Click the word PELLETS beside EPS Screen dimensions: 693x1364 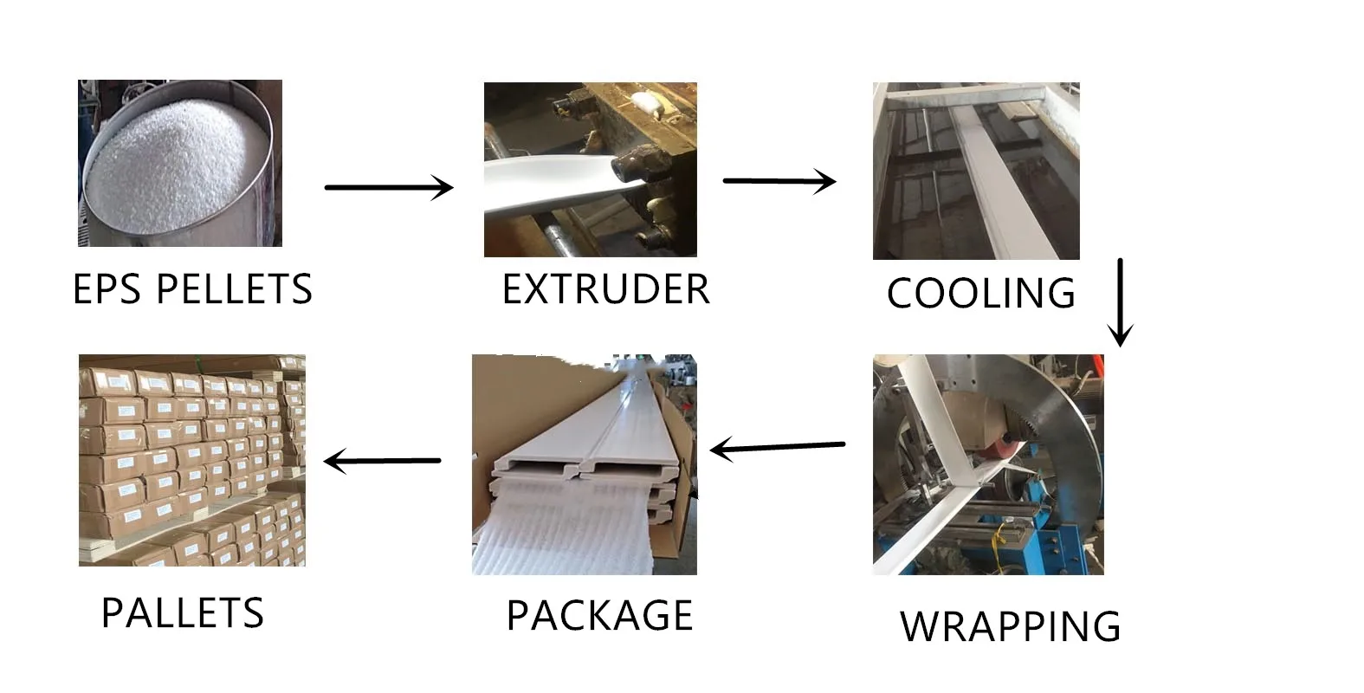pyautogui.click(x=233, y=289)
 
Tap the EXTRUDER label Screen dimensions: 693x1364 pyautogui.click(x=605, y=289)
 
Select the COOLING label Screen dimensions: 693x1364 pyautogui.click(x=980, y=294)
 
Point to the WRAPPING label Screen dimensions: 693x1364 pyautogui.click(x=1010, y=626)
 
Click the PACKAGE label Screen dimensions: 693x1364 pyautogui.click(x=599, y=616)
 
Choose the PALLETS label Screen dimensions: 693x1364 pyautogui.click(x=182, y=613)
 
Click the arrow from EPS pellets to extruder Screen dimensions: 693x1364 pyautogui.click(x=388, y=187)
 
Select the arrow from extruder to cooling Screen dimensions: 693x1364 pyautogui.click(x=779, y=181)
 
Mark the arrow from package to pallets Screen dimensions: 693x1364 pyautogui.click(x=382, y=461)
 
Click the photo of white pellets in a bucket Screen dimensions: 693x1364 pyautogui.click(x=180, y=163)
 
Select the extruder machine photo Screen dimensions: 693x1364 pyautogui.click(x=590, y=170)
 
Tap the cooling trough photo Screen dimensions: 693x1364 pyautogui.click(x=976, y=172)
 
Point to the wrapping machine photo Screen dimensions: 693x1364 pyautogui.click(x=988, y=464)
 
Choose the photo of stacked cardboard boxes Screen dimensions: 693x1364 pyautogui.click(x=191, y=460)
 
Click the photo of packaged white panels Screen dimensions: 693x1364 pyautogui.click(x=584, y=464)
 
